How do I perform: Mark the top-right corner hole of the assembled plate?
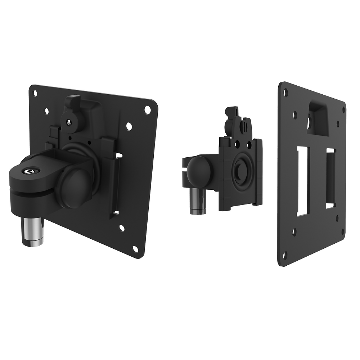(147, 109)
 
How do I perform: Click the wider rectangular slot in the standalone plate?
(303, 181)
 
